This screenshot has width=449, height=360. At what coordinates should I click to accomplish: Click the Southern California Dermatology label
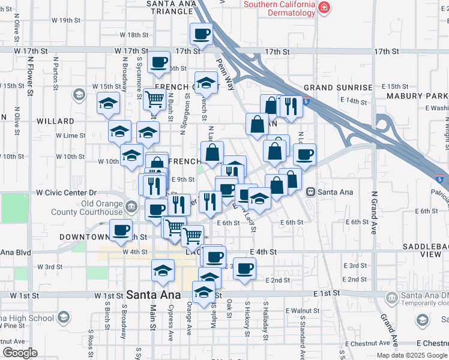coord(279,8)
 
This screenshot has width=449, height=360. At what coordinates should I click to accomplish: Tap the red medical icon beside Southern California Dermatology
coord(324,7)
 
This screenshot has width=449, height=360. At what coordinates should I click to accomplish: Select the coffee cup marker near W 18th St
coord(202,34)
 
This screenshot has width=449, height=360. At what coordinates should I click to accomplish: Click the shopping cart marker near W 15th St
coord(155,100)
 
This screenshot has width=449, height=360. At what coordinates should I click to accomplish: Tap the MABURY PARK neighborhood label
coord(417,96)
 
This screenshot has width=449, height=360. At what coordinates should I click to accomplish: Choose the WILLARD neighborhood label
coord(55,121)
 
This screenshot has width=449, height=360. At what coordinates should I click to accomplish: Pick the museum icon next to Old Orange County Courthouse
coord(131,208)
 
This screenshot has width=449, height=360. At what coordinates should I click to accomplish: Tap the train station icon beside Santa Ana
coord(310,192)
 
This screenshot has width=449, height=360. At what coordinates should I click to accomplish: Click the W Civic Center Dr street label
coord(66,193)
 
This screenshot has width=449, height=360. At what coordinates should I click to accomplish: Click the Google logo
coord(20,353)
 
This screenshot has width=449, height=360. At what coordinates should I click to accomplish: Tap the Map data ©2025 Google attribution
coord(411,355)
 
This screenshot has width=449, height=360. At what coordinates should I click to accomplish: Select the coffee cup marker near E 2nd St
coord(244,269)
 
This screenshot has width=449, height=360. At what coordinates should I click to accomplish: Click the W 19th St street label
coord(66,20)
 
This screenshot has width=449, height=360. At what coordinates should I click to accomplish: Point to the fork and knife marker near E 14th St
coord(291,107)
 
